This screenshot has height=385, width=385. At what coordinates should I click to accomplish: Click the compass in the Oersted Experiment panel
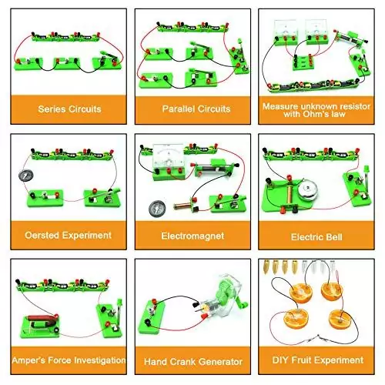(x=26, y=175)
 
